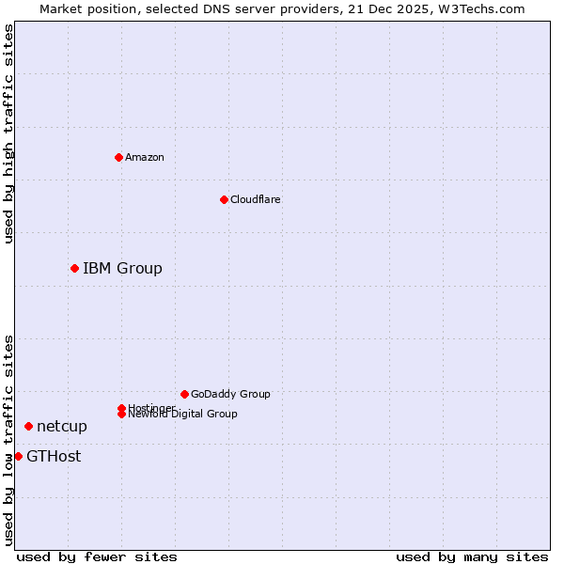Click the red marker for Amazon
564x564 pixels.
coord(118,157)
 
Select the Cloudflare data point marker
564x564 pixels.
coord(224,199)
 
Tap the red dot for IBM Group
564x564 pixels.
coord(74,268)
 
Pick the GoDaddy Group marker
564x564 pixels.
coord(184,394)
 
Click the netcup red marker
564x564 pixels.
coord(28,426)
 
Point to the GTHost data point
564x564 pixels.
coord(18,456)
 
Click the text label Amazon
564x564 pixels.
coord(145,157)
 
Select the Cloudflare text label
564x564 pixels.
coord(255,199)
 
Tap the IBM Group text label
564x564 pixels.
coord(122,269)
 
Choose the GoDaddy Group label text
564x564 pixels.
coord(230,394)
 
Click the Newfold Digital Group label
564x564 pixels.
coord(182,415)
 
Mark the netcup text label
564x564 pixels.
coord(62,427)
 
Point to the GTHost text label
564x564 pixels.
coord(54,457)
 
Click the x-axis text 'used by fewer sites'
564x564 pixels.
coord(97,556)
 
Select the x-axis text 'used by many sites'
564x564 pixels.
coord(472,556)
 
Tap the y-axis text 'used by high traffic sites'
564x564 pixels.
coord(8,133)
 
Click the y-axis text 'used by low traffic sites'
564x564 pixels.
coord(8,440)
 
